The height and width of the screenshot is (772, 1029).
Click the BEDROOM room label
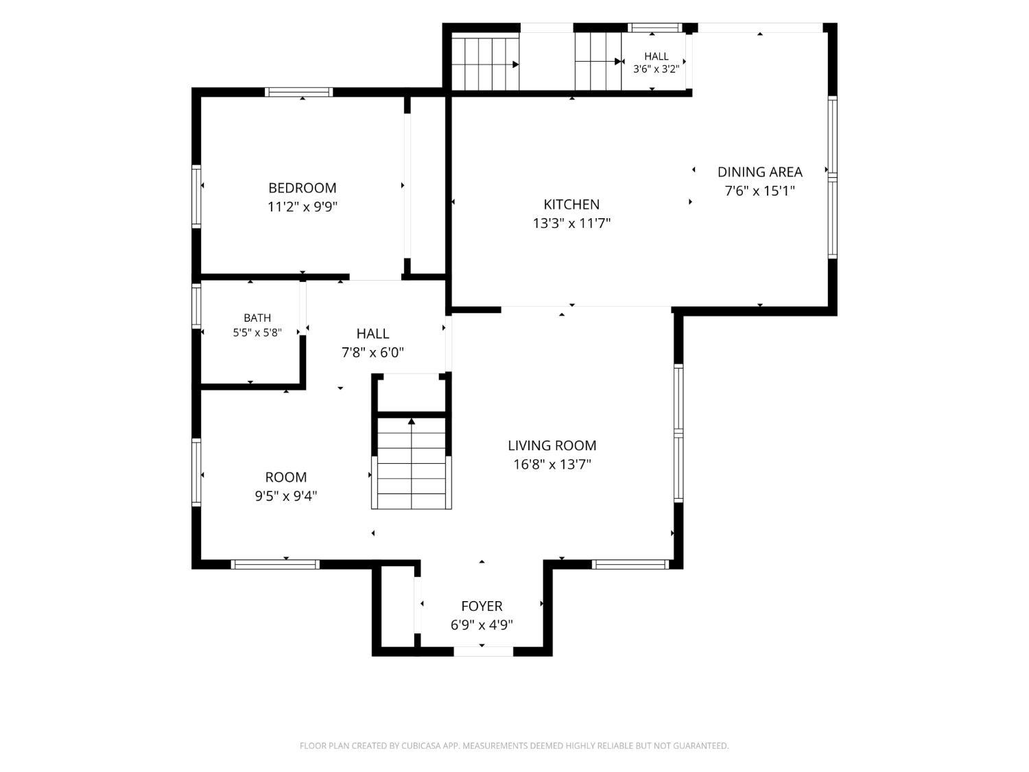(x=303, y=188)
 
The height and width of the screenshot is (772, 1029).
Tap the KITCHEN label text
(x=571, y=204)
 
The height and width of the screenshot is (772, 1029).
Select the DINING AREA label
(x=760, y=172)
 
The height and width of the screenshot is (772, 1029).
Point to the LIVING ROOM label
(x=552, y=445)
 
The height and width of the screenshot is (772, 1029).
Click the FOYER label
(x=482, y=606)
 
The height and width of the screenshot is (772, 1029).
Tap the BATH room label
(x=257, y=318)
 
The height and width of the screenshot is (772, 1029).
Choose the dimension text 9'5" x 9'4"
(x=286, y=495)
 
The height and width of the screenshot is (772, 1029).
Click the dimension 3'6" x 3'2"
(x=656, y=69)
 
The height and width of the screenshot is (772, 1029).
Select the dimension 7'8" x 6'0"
(x=372, y=352)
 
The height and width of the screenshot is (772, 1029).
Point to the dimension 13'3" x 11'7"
(x=571, y=223)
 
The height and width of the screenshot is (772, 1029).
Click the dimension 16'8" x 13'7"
(x=552, y=464)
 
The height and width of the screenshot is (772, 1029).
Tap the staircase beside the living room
(x=412, y=463)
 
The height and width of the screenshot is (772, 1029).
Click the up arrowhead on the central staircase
(x=412, y=421)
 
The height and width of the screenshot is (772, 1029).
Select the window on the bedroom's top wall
(x=298, y=92)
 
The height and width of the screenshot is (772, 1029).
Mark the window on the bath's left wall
(x=196, y=305)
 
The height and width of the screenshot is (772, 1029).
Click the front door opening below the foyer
(x=484, y=651)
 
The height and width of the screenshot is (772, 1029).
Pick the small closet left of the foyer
(x=398, y=607)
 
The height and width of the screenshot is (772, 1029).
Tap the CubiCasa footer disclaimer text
(x=514, y=745)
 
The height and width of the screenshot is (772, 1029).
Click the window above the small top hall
(x=655, y=27)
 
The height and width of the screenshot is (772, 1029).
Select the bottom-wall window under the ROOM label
(x=275, y=564)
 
